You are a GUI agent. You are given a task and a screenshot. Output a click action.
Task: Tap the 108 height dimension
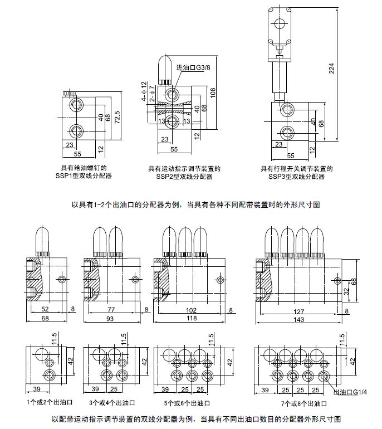213,97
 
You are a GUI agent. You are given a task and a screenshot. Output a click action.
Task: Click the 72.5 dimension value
117,118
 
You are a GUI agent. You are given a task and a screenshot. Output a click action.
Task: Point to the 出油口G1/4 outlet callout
351,392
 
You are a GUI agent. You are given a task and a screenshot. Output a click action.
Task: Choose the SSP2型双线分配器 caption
184,177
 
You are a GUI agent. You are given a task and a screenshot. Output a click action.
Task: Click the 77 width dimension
110,311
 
